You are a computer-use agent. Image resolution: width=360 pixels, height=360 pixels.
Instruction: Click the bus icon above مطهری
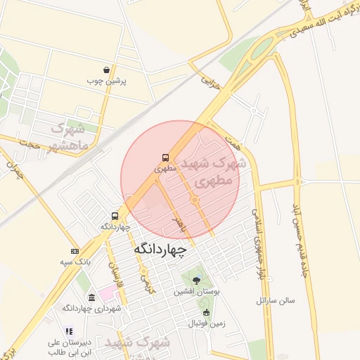(165, 158)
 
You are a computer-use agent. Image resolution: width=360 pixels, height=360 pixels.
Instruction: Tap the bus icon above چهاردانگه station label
(115, 216)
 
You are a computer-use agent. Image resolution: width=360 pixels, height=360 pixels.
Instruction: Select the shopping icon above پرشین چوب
(106, 70)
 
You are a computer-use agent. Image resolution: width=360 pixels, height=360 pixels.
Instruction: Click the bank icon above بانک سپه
(75, 251)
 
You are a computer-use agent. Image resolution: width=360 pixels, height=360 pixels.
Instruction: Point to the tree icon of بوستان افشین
(196, 280)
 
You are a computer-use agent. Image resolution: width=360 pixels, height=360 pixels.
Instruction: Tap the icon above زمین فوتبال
(206, 313)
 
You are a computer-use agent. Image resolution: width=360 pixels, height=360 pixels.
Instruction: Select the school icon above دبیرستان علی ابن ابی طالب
(68, 331)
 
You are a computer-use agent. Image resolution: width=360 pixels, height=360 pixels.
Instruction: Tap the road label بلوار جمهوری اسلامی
(259, 245)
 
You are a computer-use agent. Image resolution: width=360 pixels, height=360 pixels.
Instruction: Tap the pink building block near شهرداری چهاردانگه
(107, 290)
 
